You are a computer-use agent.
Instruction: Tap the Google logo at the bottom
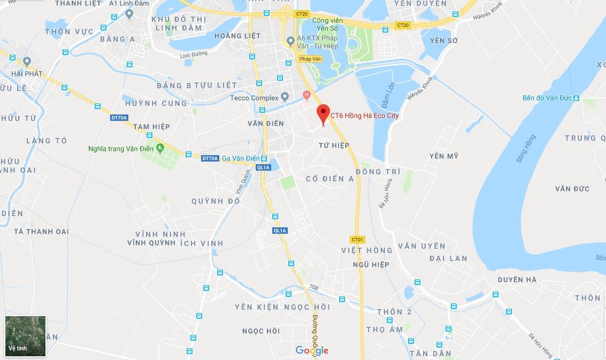pos(312,350)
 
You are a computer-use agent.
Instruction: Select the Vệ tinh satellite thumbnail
pos(26,336)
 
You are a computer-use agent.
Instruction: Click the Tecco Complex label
pos(254,98)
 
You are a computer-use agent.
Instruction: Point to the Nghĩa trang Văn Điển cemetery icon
pos(160,148)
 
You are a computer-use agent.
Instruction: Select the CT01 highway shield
pos(357,239)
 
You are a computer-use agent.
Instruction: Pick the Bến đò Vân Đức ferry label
pos(547,98)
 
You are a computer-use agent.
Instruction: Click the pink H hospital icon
pos(306,95)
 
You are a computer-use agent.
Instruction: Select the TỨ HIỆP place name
pos(334,145)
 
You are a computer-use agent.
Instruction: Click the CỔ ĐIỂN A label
pos(329,179)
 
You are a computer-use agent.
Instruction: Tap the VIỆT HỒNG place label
pos(366,250)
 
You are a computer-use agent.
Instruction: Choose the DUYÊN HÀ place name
pos(517,280)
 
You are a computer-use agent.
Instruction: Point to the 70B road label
pos(314,287)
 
